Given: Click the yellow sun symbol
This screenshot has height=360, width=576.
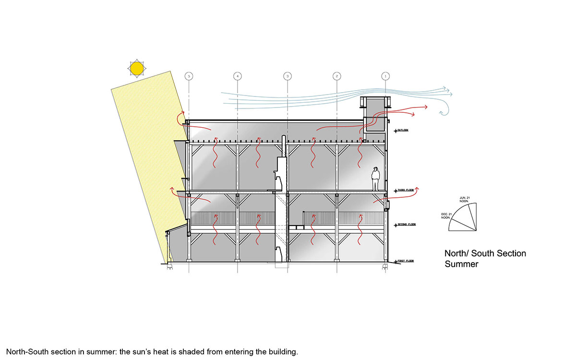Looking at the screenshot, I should (137, 69).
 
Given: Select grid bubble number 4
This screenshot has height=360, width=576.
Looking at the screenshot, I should (238, 76).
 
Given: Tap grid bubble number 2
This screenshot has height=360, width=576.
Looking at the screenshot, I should (337, 76).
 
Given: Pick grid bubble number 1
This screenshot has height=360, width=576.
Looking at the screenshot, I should (385, 76).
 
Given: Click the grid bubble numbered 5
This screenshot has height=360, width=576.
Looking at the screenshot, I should (189, 76).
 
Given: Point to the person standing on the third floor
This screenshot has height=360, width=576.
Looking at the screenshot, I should (376, 179).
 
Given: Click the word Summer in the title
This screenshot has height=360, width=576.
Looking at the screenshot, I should (461, 264).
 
